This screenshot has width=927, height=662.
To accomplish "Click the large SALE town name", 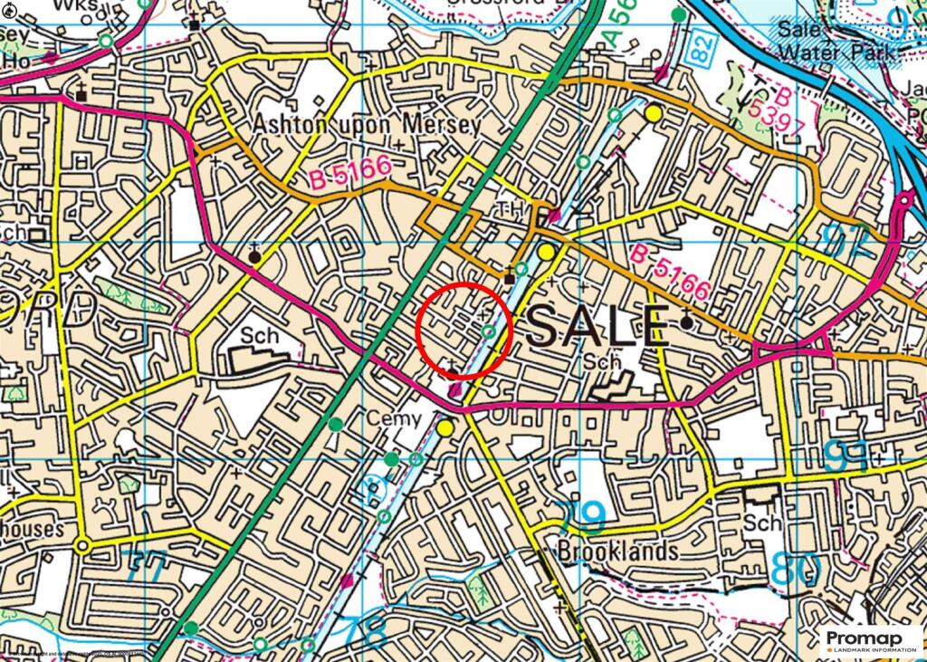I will click(597, 327).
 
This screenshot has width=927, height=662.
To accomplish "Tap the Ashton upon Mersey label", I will click(367, 124).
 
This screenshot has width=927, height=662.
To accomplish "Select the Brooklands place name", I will click(618, 551).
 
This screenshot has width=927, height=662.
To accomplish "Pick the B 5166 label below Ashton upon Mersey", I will click(349, 172).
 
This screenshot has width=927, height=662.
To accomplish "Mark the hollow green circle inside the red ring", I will click(490, 332).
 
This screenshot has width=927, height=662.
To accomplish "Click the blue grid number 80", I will click(797, 569).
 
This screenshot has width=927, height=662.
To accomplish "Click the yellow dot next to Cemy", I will click(444, 427).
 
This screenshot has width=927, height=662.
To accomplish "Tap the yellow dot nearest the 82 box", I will click(654, 113).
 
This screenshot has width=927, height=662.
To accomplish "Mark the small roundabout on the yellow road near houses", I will click(83, 546).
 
